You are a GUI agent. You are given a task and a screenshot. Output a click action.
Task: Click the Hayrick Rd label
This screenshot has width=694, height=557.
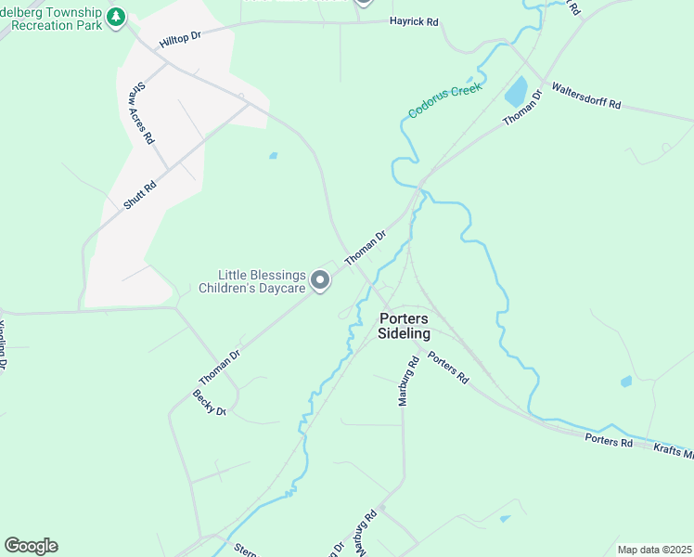click(413, 21)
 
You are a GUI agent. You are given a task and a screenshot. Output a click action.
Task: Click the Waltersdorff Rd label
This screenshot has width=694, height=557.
click(586, 97)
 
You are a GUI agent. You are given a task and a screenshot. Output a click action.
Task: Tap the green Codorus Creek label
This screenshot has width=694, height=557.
click(445, 101)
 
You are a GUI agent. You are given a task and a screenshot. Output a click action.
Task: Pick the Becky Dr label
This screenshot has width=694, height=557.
click(210, 402)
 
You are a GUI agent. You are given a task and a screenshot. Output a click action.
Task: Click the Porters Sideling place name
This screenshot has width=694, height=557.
click(405, 326)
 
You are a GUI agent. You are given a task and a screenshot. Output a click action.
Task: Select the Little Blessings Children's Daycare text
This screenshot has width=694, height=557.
click(261, 281)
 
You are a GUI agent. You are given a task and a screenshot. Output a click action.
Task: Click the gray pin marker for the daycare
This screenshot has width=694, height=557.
click(320, 279)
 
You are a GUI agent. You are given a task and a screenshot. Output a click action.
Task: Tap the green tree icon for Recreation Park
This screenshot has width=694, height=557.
click(115, 17)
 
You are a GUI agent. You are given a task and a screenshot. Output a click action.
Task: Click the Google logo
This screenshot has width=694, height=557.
click(31, 546)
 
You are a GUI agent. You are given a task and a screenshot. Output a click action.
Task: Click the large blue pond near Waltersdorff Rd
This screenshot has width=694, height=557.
click(515, 93)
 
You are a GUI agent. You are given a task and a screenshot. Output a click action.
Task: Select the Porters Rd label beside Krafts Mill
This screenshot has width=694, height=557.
click(609, 441)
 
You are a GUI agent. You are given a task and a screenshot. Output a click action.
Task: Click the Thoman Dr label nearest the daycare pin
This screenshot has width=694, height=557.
click(365, 248)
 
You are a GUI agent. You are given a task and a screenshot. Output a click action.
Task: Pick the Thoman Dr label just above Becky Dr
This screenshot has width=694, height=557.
click(220, 367)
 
